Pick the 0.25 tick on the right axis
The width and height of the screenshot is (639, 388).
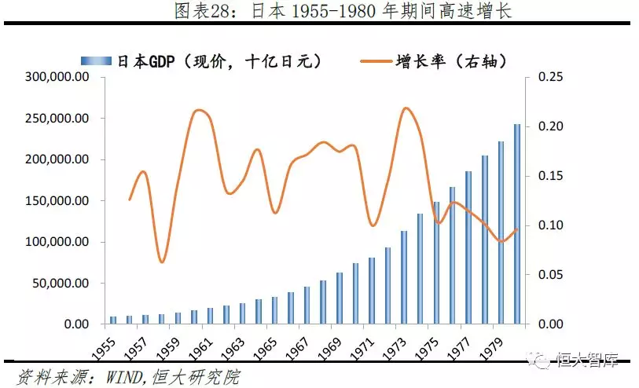click(x=551, y=78)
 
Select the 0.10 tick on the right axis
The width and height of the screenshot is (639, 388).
click(x=551, y=225)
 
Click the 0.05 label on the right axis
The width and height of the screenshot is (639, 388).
click(x=551, y=275)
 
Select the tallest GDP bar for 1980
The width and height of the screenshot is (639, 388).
click(x=517, y=225)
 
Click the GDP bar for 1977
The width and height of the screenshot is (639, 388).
click(x=468, y=248)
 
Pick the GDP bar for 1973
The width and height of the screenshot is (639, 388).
click(x=403, y=277)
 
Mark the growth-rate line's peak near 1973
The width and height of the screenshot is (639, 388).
click(x=406, y=108)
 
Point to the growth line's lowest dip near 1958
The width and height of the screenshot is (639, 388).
click(x=162, y=262)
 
